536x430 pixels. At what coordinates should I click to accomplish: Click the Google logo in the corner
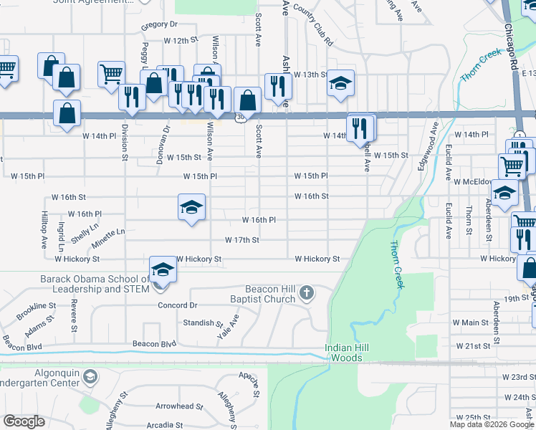click(24, 421)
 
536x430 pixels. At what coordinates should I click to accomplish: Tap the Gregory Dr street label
click(158, 24)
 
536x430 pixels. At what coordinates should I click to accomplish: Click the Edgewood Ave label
click(428, 148)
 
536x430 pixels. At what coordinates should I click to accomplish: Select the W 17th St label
click(241, 240)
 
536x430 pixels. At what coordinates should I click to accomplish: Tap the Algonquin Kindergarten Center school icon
click(90, 376)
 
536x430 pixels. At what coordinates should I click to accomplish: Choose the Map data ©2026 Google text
click(492, 424)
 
